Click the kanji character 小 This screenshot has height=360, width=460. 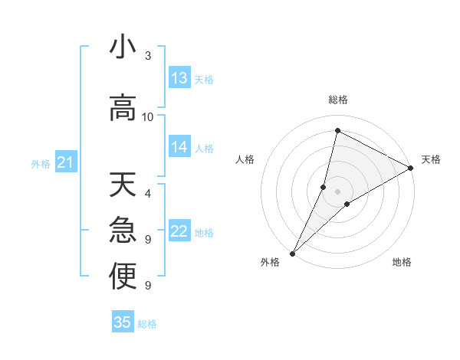click(x=123, y=47)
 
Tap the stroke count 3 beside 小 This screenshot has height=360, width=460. click(x=148, y=56)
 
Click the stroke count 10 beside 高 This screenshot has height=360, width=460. click(x=148, y=117)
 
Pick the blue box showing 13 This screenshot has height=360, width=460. click(x=179, y=78)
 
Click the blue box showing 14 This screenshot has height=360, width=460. click(x=179, y=147)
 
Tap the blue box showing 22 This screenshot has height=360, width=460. click(x=179, y=232)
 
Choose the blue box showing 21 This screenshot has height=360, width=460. click(x=65, y=162)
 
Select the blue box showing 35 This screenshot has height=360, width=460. click(x=123, y=322)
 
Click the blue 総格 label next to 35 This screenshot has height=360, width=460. click(x=147, y=324)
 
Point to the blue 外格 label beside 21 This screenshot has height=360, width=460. click(x=41, y=163)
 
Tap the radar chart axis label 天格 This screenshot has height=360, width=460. click(x=431, y=159)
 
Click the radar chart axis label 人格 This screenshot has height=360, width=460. click(x=245, y=159)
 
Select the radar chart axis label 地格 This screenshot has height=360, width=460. click(x=402, y=262)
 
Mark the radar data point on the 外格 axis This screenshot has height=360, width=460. click(x=292, y=253)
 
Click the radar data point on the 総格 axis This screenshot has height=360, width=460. click(x=337, y=130)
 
